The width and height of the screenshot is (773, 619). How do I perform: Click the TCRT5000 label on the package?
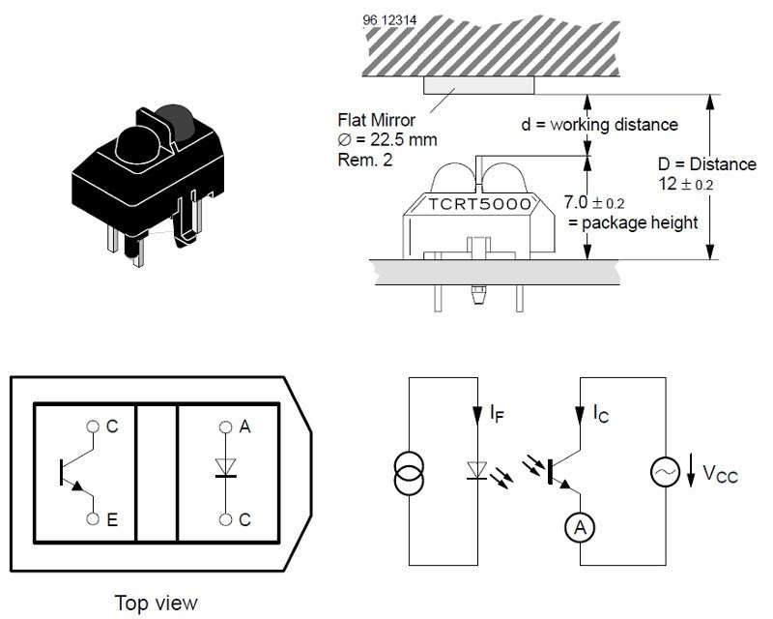479,205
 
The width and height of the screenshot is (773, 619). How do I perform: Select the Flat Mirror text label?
376,121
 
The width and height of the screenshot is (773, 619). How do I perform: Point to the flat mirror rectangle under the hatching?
479,86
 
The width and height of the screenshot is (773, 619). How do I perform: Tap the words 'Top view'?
156,603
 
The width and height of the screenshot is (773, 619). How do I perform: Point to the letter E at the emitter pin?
113,519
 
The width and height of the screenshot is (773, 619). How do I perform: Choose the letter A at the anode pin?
244,427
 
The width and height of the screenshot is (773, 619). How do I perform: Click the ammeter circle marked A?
577,527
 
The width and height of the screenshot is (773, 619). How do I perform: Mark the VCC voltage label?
720,474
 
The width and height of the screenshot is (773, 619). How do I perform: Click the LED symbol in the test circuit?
475,472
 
